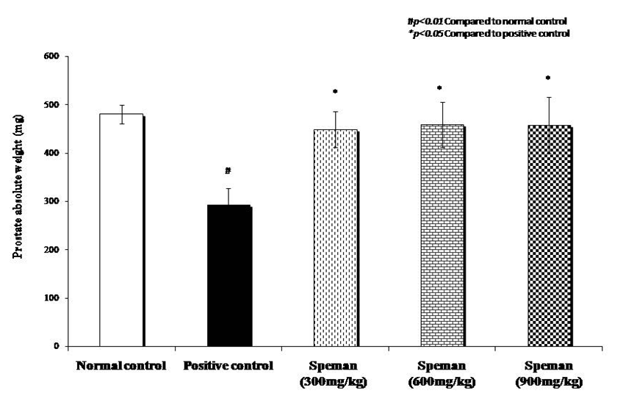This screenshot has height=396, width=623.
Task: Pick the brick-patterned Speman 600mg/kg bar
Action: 442,235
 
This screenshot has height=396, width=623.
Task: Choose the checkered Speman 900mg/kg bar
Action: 548,235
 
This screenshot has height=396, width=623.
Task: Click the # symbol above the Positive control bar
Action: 228,171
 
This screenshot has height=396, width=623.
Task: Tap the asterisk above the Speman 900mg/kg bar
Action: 548,79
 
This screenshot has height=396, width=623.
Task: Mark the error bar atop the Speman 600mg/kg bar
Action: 442,125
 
